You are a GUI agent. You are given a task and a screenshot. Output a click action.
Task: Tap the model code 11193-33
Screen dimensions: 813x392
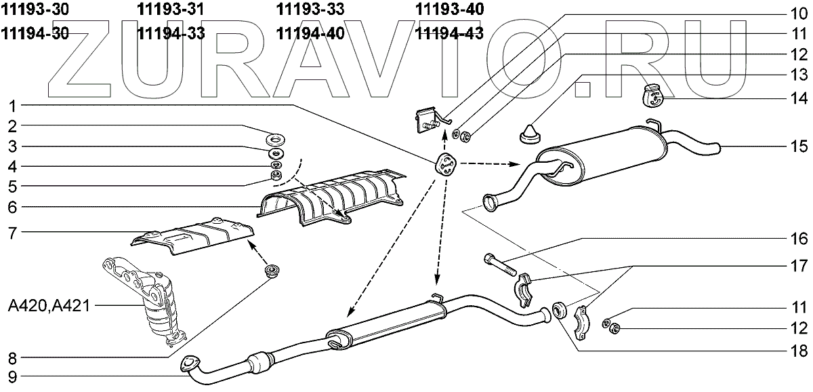click(310, 10)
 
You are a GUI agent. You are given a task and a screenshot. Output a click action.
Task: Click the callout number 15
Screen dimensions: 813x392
click(797, 146)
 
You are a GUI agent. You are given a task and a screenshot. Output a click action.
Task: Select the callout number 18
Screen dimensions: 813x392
click(797, 351)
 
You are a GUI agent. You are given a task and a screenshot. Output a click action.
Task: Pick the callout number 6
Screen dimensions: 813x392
click(14, 208)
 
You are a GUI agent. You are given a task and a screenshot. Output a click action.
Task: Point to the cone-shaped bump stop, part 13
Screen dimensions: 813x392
click(528, 133)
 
